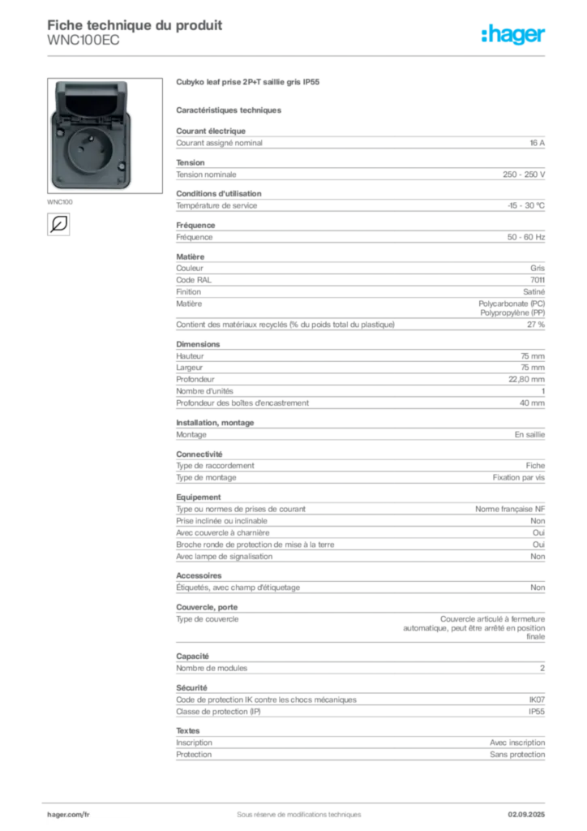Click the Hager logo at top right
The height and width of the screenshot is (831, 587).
(x=512, y=34)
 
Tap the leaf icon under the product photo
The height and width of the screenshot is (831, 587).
(x=58, y=224)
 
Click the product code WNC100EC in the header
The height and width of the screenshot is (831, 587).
(x=83, y=41)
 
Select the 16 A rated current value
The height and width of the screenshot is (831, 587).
(x=537, y=143)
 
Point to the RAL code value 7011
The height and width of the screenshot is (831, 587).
(x=538, y=280)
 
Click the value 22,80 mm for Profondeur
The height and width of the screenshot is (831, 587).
(x=526, y=380)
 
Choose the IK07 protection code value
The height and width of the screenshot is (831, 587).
(x=537, y=700)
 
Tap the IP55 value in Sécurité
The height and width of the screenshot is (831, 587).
(x=536, y=712)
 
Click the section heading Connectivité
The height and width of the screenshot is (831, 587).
(x=199, y=454)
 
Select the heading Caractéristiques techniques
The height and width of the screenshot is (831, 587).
(x=229, y=110)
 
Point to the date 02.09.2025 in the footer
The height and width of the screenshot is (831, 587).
(x=526, y=815)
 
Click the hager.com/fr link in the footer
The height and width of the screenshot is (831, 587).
(x=68, y=815)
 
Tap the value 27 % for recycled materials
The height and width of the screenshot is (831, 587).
(x=536, y=325)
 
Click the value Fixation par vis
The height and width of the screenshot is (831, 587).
(x=518, y=477)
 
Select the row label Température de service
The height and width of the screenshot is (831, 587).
(x=216, y=205)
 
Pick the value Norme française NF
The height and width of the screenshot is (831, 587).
(x=510, y=510)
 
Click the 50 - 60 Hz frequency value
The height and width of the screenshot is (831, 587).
(x=525, y=238)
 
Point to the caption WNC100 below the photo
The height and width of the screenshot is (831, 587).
(x=60, y=202)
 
